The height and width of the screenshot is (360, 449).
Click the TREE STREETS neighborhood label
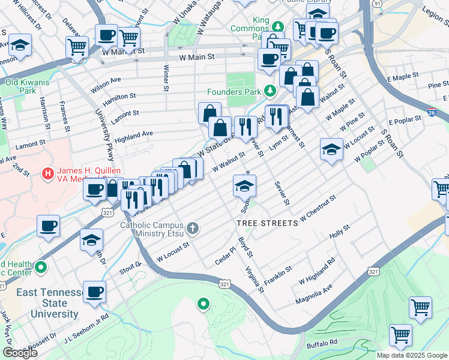[x=267, y=223]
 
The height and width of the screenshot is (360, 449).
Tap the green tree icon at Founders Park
[x=270, y=91]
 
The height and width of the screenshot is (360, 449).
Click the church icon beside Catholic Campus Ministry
[x=193, y=227]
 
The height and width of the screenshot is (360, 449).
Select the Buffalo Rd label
[x=322, y=343]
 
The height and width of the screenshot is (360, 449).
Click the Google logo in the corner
[x=20, y=352]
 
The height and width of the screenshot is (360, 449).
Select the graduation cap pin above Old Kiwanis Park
[x=20, y=46]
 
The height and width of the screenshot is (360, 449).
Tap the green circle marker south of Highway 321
[x=203, y=304]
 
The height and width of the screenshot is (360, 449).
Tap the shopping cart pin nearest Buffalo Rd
[x=400, y=335]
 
